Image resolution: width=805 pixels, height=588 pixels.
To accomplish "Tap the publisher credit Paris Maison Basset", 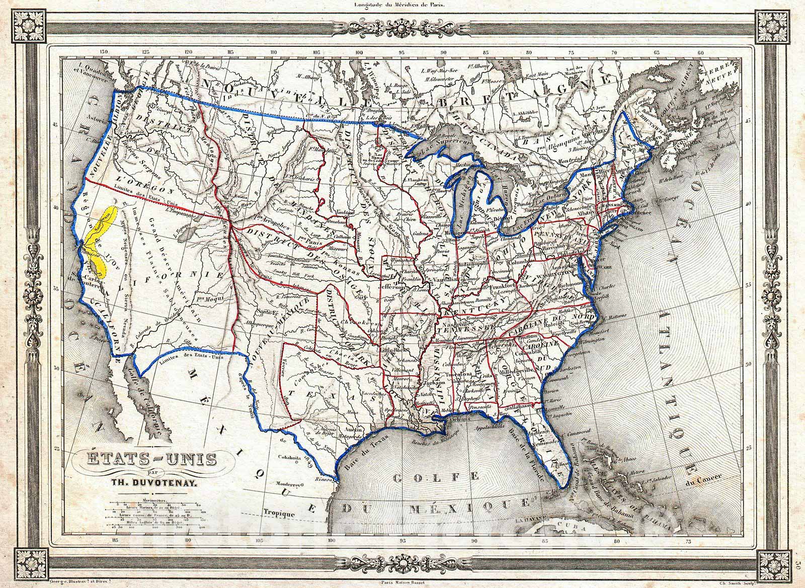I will pyautogui.click(x=403, y=579).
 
